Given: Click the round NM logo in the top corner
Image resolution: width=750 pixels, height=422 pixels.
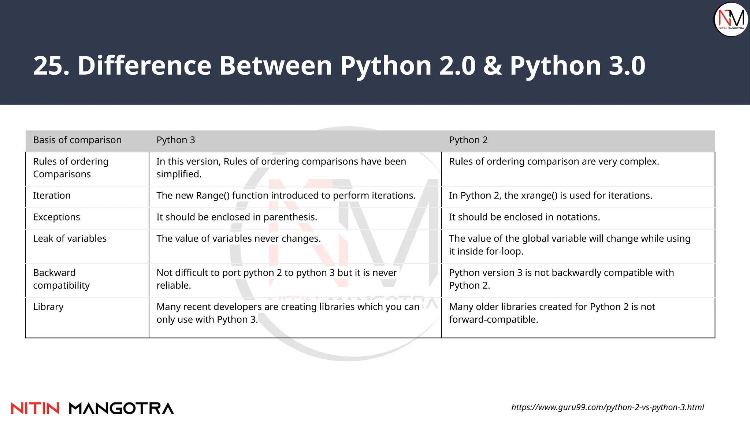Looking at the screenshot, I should coord(731,19).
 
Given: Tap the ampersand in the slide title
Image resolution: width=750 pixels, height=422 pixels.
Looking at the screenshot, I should coord(493,66).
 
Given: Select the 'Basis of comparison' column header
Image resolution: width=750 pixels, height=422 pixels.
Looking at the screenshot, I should coord(77,140).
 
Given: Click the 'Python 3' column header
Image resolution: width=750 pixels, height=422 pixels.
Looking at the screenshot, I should coord(176,140).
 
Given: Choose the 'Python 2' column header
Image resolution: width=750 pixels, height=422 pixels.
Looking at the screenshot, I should coord(468,140).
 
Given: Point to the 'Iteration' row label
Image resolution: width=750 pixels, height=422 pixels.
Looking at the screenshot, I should coord(52,196).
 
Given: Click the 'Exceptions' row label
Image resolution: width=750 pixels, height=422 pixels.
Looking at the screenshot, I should coord(56,217).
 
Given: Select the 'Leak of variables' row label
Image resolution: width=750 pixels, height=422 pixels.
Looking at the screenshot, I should coord(70,239).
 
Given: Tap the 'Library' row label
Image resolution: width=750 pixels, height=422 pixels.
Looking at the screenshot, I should coord(48,307).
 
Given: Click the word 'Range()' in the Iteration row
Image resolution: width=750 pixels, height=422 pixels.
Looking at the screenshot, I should coord(213,196).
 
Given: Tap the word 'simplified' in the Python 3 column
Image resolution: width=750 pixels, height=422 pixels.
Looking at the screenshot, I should coord(178,174).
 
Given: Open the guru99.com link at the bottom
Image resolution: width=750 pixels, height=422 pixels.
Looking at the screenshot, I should coord(608,407).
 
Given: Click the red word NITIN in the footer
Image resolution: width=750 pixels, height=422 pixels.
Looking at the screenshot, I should coord(35,408).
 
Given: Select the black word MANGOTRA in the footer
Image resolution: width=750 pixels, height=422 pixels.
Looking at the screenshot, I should coord(121,408).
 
